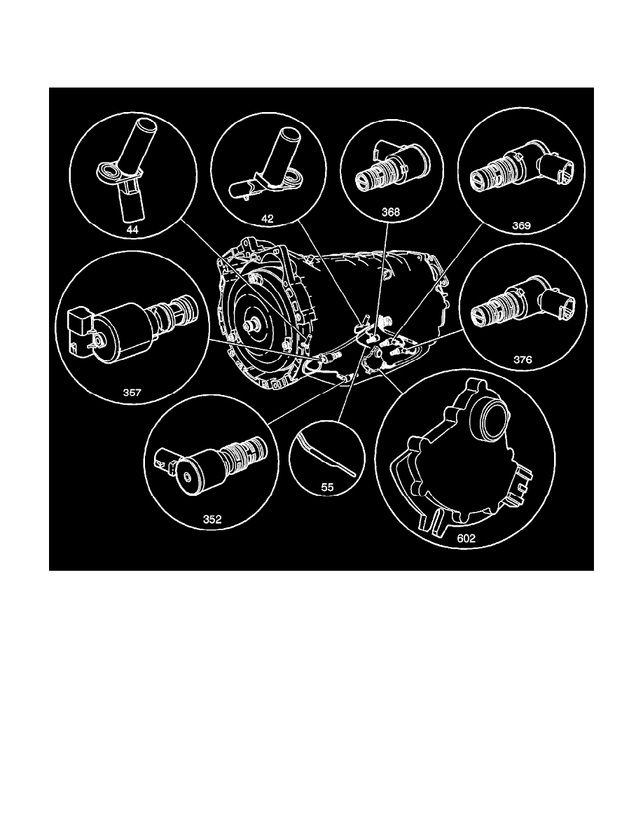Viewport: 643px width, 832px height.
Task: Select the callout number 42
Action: [x=267, y=218]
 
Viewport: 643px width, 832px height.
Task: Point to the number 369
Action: [x=520, y=226]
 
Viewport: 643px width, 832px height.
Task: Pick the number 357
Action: [x=132, y=393]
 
